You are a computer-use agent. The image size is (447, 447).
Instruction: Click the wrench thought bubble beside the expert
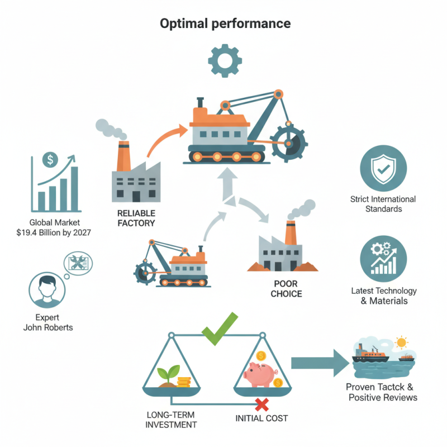pyautogui.click(x=79, y=263)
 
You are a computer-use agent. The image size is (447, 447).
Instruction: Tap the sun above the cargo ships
pyautogui.click(x=401, y=342)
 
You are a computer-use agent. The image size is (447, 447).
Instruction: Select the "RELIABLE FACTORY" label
pyautogui.click(x=136, y=218)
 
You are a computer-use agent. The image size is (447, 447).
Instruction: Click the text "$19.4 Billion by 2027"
pyautogui.click(x=54, y=232)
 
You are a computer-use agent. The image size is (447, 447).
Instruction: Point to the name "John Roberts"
pyautogui.click(x=48, y=327)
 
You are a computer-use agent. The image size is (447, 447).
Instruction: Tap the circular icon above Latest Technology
pyautogui.click(x=383, y=259)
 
